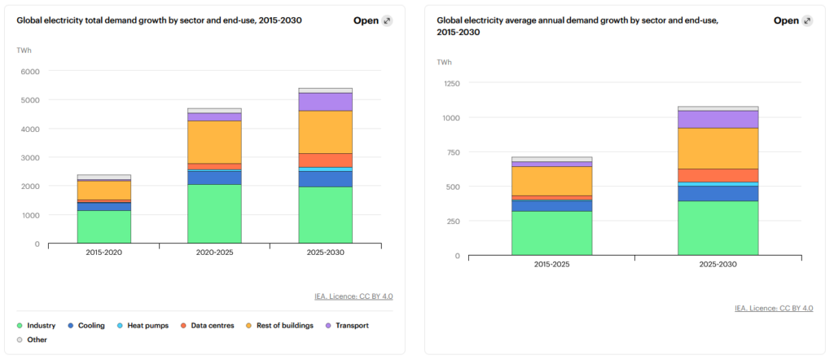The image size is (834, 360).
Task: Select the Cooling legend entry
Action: [x=90, y=326]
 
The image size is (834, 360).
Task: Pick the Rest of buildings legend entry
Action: [x=285, y=326]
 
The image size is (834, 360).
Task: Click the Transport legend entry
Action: [x=351, y=326]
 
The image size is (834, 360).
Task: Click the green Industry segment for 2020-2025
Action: [x=214, y=213]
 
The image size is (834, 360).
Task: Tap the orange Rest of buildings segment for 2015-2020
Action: [x=104, y=190]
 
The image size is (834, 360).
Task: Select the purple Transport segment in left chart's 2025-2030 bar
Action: [x=325, y=101]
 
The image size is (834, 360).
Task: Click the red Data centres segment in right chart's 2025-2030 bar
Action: [x=718, y=175]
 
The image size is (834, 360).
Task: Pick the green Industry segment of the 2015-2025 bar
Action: [x=551, y=233]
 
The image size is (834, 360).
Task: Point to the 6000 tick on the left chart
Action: [x=29, y=72]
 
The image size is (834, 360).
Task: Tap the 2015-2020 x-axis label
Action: [x=104, y=253]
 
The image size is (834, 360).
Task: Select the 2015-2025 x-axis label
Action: [x=551, y=266]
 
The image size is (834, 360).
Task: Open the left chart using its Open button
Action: [x=372, y=20]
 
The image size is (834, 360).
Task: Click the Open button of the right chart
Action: [x=792, y=20]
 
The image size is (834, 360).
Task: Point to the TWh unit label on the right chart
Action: [x=444, y=62]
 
